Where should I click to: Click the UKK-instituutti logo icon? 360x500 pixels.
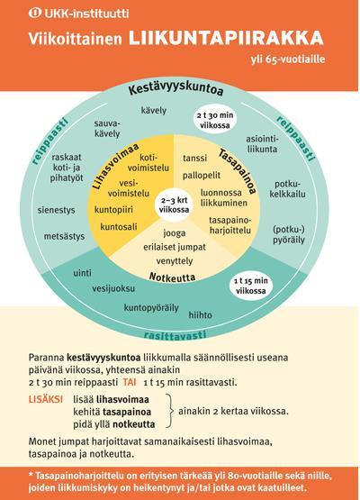click(x=35, y=13)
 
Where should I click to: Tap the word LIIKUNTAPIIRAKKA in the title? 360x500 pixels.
click(x=226, y=38)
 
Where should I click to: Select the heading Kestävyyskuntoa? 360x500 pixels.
click(x=175, y=87)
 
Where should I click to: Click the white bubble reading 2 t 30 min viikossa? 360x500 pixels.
click(x=215, y=120)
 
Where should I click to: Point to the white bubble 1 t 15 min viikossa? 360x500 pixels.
click(x=251, y=286)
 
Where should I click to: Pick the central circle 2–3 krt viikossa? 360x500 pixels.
click(x=174, y=205)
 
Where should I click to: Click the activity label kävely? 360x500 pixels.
click(x=154, y=110)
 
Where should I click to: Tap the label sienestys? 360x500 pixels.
click(x=57, y=210)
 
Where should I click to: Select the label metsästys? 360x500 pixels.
click(x=65, y=236)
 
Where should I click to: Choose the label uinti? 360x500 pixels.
click(x=82, y=273)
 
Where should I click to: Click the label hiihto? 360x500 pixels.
click(x=200, y=315)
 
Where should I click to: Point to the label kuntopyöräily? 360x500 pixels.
click(x=151, y=308)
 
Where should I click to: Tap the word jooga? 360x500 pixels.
click(x=175, y=233)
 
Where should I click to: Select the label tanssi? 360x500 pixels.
click(x=194, y=158)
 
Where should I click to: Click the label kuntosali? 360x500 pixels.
click(x=119, y=227)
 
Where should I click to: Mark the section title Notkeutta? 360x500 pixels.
click(x=173, y=277)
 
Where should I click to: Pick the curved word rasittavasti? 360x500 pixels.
click(x=175, y=335)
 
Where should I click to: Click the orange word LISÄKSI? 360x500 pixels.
click(x=46, y=399)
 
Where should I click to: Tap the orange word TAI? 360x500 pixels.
click(x=130, y=382)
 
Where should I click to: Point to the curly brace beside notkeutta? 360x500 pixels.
click(x=170, y=411)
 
